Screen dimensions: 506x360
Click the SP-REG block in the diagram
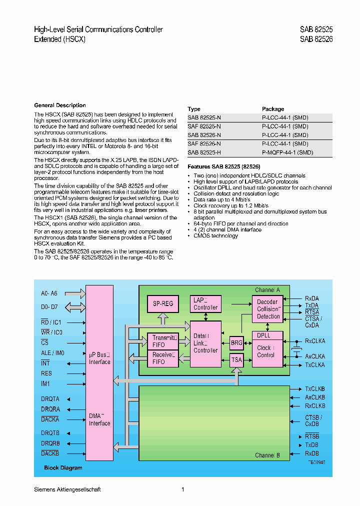(x=162, y=303)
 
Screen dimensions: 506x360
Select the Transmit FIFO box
(x=162, y=341)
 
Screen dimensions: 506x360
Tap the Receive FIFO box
(x=162, y=358)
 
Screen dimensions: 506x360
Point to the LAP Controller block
(x=205, y=303)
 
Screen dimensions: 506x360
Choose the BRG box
(x=236, y=343)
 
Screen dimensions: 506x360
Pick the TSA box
(x=236, y=360)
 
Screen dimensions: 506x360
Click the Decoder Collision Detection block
(x=268, y=309)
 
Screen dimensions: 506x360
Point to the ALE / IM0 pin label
(x=52, y=353)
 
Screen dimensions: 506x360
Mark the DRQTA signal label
(x=50, y=399)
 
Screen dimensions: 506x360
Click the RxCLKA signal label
(x=315, y=341)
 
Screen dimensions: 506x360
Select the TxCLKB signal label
(x=315, y=388)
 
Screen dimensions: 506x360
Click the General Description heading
(x=60, y=105)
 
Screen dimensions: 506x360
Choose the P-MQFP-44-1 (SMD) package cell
(x=287, y=152)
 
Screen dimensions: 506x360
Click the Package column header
(x=273, y=109)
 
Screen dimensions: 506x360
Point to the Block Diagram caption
(x=62, y=468)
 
